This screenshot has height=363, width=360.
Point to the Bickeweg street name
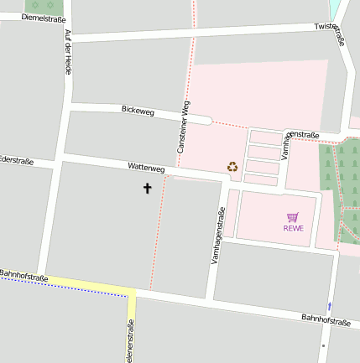(x=138, y=110)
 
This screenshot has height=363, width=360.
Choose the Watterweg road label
(x=146, y=168)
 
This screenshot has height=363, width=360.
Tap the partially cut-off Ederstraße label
(x=16, y=159)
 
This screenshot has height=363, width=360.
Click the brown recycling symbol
(x=232, y=167)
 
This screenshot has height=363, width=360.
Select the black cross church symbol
(x=148, y=188)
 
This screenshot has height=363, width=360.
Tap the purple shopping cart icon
(x=293, y=217)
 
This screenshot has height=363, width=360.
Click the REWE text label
(x=293, y=228)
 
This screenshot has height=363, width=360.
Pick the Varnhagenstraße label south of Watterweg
(x=217, y=236)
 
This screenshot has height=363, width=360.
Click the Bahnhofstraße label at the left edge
(x=23, y=275)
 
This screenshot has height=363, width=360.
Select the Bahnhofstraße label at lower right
(x=326, y=320)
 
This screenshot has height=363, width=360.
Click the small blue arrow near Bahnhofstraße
(x=329, y=307)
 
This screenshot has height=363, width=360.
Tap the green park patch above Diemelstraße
(x=39, y=6)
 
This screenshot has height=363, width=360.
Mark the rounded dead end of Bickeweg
(x=206, y=120)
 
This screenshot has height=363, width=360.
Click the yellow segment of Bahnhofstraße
(x=92, y=288)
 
